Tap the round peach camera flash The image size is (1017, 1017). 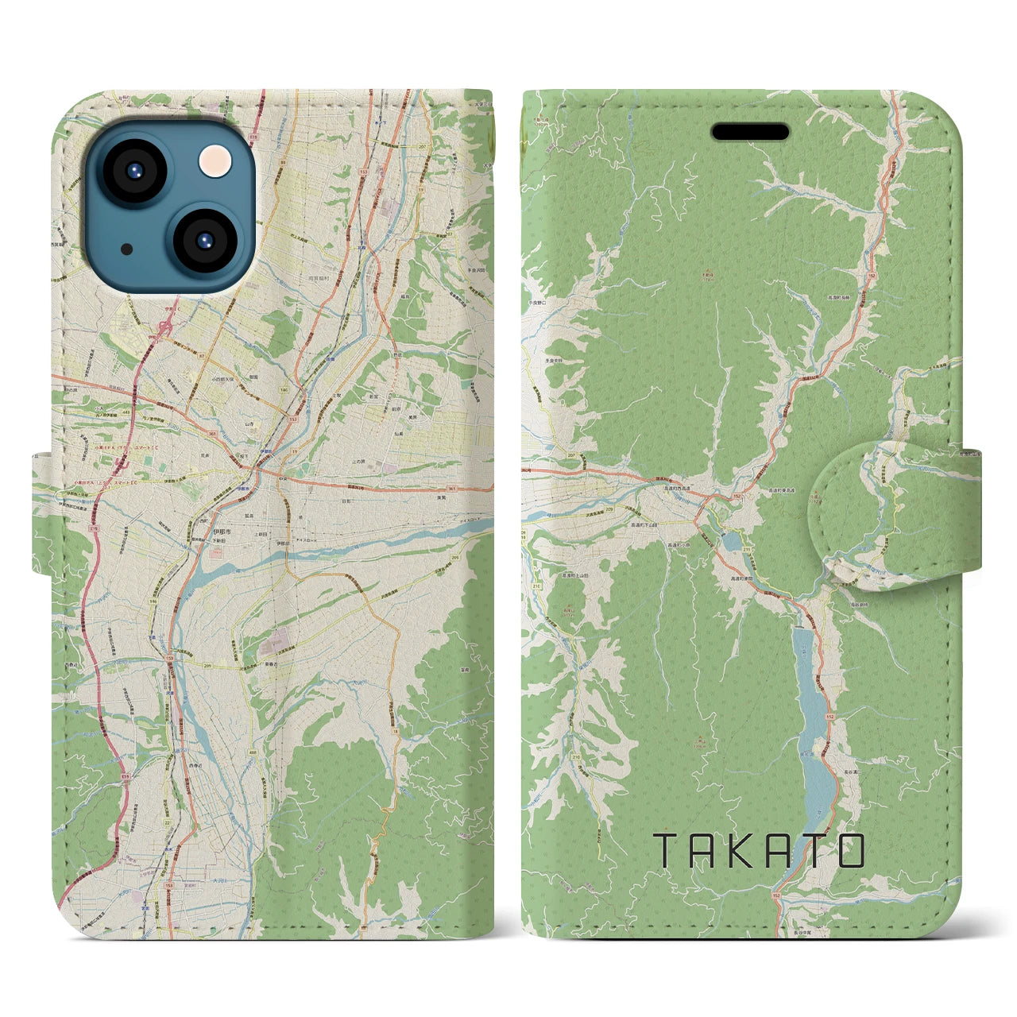(x=214, y=161)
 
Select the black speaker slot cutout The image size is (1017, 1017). (x=750, y=132)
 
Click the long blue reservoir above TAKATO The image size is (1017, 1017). (x=814, y=723)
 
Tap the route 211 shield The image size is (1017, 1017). (x=746, y=550)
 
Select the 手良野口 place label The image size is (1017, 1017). (x=540, y=303)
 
